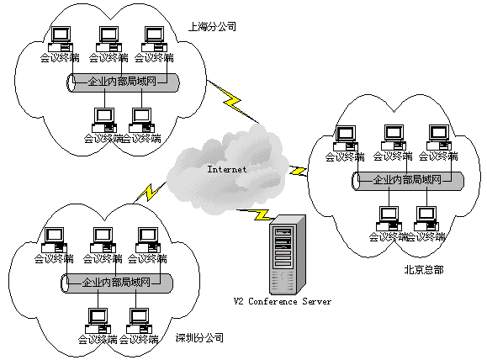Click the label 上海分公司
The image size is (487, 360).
(212, 27)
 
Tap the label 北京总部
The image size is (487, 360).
(424, 270)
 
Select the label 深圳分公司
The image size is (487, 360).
(199, 337)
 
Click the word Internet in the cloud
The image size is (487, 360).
(227, 169)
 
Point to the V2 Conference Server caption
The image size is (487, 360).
(283, 301)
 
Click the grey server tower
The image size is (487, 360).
(288, 255)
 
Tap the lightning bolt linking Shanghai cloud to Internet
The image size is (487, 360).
(233, 102)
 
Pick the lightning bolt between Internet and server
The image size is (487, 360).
(256, 214)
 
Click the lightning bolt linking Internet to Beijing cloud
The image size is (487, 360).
(298, 171)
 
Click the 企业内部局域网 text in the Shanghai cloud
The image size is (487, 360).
(122, 82)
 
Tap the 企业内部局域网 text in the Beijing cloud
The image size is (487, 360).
(407, 179)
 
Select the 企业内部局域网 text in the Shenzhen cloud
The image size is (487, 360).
(116, 283)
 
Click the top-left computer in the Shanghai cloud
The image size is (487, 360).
(61, 39)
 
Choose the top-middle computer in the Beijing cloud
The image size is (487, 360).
(394, 138)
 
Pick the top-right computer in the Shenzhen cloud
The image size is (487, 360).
(148, 240)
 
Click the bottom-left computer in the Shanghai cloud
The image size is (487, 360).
(104, 120)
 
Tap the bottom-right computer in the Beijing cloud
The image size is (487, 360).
(426, 219)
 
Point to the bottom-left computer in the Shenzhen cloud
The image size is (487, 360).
(98, 320)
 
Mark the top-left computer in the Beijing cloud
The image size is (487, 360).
(346, 138)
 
